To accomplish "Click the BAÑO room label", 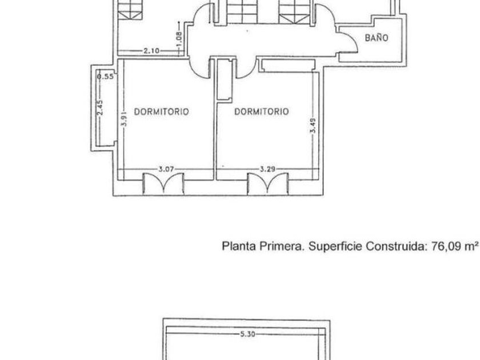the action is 377,38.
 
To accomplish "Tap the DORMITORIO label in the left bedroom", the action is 161,111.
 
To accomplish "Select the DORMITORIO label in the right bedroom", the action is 262,111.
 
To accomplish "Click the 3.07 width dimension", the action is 166,169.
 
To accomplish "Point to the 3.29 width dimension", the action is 267,169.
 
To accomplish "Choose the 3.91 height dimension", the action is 123,118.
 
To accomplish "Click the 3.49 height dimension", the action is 313,126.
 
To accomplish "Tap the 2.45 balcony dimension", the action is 100,107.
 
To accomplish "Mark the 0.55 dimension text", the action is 105,77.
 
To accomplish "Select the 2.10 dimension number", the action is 151,51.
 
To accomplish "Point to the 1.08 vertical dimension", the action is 179,40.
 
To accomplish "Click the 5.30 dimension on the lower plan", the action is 247,334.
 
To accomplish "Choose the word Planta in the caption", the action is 239,246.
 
